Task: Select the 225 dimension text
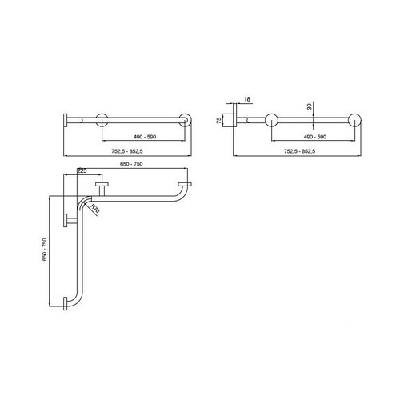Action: tap(82, 170)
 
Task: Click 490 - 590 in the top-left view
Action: tap(144, 138)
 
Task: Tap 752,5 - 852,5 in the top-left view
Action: tap(128, 150)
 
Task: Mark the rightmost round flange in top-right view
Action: tap(354, 121)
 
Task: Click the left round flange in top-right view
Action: tap(270, 121)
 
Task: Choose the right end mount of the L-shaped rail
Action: tap(186, 189)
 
